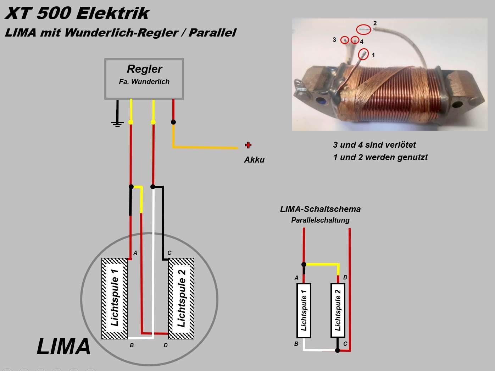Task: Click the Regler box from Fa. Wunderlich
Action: pyautogui.click(x=144, y=79)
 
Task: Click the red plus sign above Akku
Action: pyautogui.click(x=248, y=145)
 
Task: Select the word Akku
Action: pyautogui.click(x=254, y=160)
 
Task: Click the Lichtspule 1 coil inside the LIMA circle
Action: pyautogui.click(x=115, y=298)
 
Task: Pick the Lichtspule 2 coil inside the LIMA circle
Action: pyautogui.click(x=181, y=298)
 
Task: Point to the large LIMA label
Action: pyautogui.click(x=64, y=347)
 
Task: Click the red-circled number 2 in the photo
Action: pyautogui.click(x=375, y=23)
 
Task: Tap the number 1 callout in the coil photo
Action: pyautogui.click(x=373, y=55)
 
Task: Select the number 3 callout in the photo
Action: pyautogui.click(x=334, y=40)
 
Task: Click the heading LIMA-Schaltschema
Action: pyautogui.click(x=320, y=209)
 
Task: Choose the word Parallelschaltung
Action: pyautogui.click(x=320, y=220)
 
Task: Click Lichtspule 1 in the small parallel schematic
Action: pyautogui.click(x=304, y=310)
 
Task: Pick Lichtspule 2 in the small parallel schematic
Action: pyautogui.click(x=338, y=310)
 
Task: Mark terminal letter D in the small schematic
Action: pyautogui.click(x=345, y=277)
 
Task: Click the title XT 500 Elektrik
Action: pyautogui.click(x=77, y=13)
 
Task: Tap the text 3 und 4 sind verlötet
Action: pyautogui.click(x=374, y=145)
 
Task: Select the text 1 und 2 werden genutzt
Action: pyautogui.click(x=380, y=157)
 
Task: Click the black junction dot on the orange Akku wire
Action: pyautogui.click(x=173, y=122)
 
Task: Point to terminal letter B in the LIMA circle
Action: pyautogui.click(x=132, y=345)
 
